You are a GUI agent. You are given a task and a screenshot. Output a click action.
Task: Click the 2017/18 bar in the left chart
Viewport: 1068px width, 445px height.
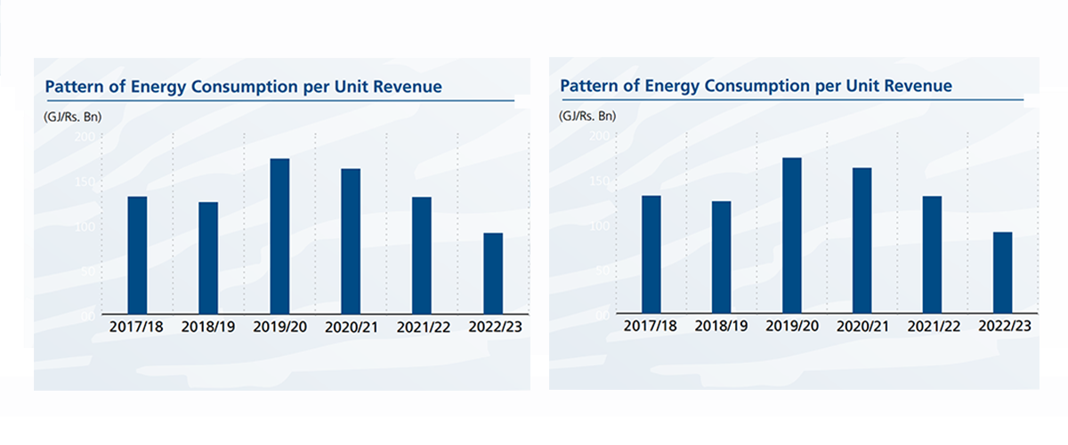(137, 255)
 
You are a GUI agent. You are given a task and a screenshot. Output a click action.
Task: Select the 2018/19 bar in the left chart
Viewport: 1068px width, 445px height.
(208, 258)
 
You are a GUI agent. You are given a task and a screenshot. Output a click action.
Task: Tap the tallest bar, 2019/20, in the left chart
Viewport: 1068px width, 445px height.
(279, 237)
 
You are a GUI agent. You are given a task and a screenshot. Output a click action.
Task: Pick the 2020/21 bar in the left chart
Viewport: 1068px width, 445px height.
(351, 241)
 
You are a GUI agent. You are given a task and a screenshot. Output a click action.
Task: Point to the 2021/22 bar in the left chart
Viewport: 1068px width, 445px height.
(422, 255)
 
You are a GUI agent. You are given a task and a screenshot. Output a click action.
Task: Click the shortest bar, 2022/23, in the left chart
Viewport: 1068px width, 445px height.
(493, 273)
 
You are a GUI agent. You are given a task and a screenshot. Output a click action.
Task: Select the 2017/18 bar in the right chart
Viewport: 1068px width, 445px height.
(651, 255)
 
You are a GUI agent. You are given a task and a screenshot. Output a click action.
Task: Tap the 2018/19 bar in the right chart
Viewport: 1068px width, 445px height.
(721, 257)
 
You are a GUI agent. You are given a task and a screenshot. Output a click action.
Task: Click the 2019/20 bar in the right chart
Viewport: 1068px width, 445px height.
(791, 236)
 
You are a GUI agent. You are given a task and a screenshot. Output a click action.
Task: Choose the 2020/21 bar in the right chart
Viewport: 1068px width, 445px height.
(862, 240)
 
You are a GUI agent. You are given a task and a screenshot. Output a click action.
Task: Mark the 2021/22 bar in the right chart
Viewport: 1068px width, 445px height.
(932, 255)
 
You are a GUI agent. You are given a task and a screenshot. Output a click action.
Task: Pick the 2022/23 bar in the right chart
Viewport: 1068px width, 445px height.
(1002, 272)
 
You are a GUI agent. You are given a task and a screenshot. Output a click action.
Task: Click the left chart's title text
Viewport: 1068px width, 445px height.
(243, 87)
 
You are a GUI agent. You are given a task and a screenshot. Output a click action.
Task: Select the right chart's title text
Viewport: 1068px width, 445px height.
(756, 86)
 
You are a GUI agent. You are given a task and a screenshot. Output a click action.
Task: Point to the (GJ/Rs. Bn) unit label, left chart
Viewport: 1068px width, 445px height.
(68, 117)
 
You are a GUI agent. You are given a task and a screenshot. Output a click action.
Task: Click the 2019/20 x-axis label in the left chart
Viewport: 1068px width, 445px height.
(279, 327)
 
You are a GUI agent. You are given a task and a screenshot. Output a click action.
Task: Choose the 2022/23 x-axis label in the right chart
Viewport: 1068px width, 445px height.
(1003, 326)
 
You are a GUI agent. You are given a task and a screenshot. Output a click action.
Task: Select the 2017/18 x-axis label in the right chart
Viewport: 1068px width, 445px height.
(651, 326)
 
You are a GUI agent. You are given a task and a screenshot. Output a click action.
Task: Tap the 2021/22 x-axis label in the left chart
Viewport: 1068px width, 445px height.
(422, 327)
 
